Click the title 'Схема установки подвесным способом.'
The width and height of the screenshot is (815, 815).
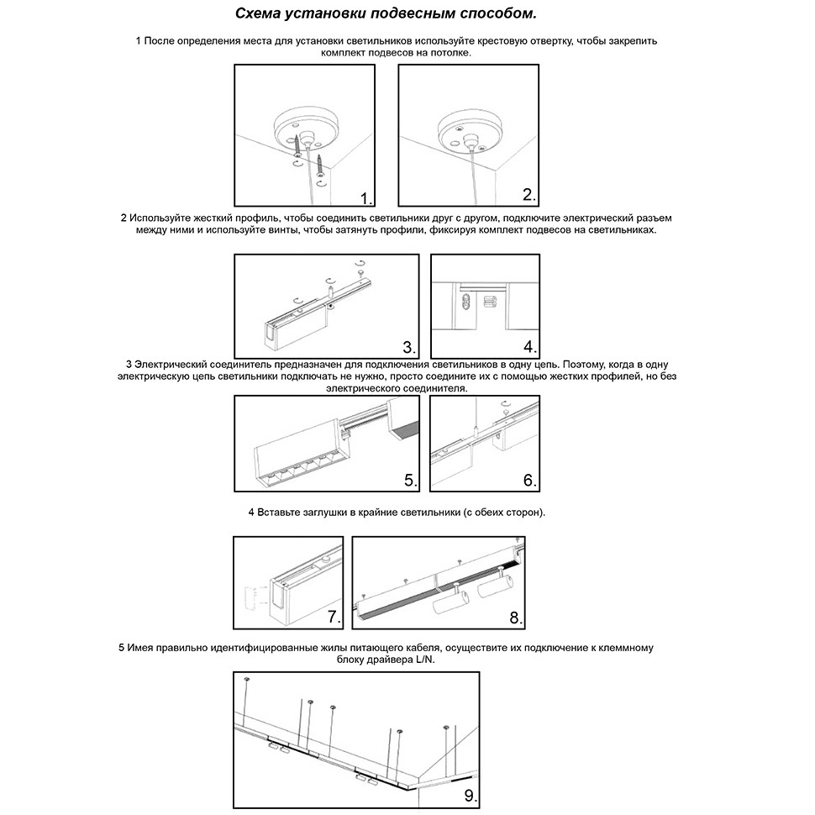(384, 14)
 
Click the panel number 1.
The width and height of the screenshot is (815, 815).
(365, 198)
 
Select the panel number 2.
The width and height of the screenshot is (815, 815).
(528, 195)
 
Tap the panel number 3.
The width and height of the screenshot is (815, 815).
(409, 347)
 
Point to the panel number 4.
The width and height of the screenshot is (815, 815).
(529, 346)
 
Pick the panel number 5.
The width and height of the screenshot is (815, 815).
(410, 480)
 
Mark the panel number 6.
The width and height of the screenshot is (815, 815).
(529, 480)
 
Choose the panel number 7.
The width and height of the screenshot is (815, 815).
(334, 618)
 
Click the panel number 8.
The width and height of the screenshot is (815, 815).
(516, 618)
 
